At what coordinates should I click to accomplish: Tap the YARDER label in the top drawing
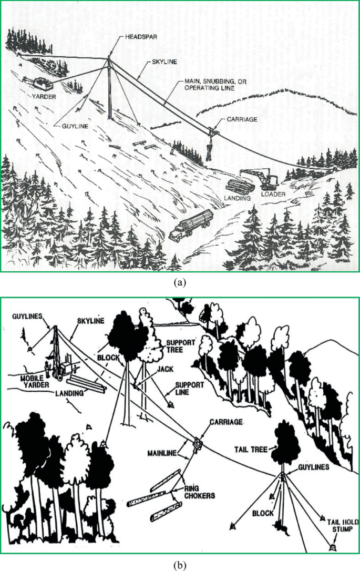click(44, 97)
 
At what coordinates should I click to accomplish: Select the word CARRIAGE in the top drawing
click(242, 119)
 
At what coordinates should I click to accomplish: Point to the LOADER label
click(273, 194)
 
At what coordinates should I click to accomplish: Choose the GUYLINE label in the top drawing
click(75, 126)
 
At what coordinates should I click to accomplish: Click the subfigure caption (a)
click(180, 282)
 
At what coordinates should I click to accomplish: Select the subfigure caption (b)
click(180, 566)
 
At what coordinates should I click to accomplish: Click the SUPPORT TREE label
click(181, 346)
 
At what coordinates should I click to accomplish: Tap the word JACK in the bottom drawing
click(165, 369)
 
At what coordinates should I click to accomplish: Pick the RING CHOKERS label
click(199, 492)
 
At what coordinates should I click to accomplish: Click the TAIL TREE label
click(251, 450)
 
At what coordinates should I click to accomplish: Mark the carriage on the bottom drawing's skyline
click(197, 445)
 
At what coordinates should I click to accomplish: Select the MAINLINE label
click(162, 453)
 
